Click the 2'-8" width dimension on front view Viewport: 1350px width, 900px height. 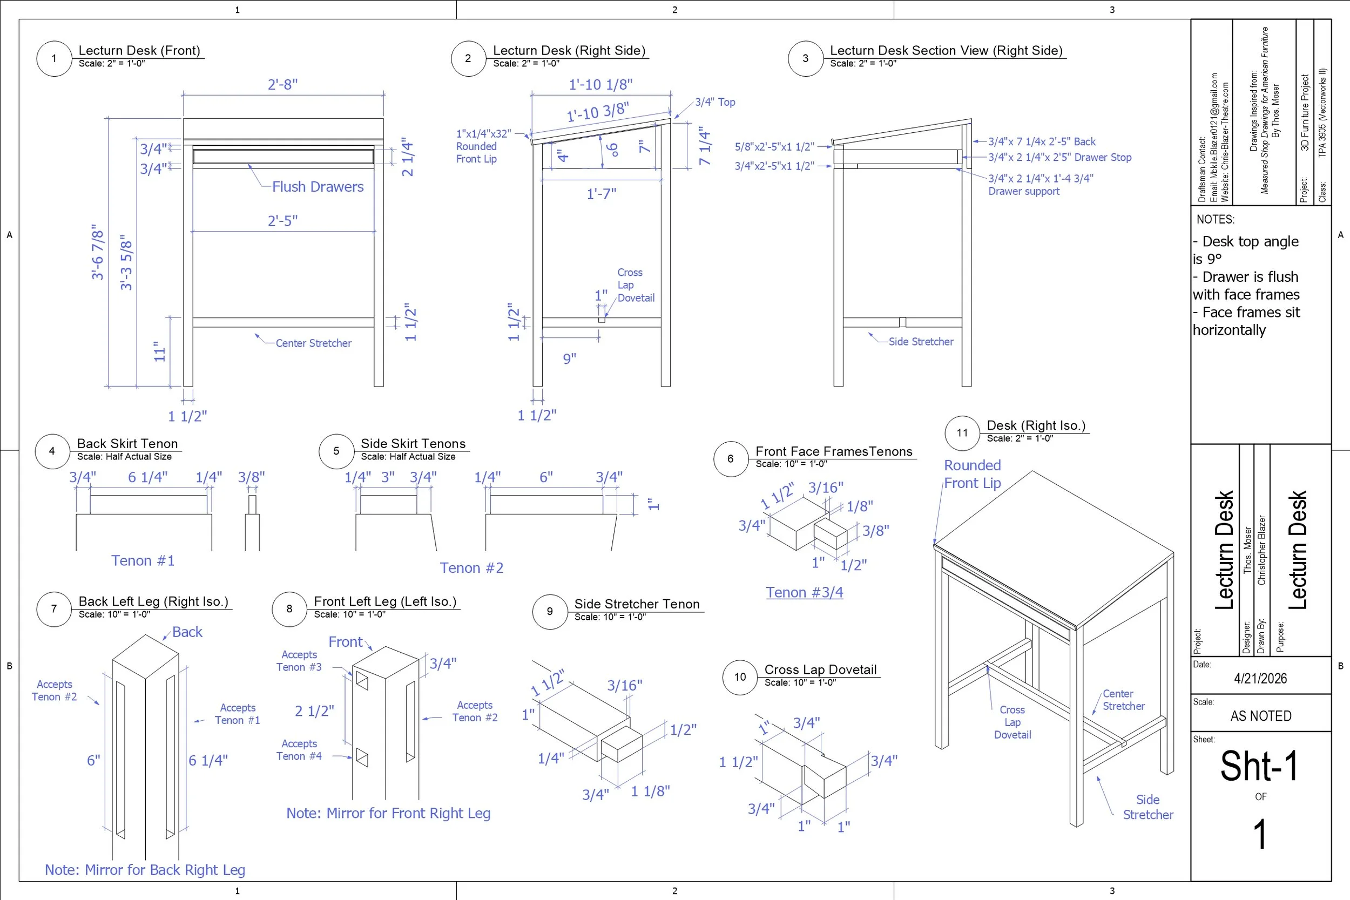(x=282, y=84)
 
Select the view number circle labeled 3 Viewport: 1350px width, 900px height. (x=805, y=58)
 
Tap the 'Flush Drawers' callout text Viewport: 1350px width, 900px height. (x=318, y=187)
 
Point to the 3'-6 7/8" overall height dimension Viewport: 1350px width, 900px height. (x=98, y=252)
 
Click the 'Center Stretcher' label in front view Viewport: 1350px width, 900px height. (x=313, y=343)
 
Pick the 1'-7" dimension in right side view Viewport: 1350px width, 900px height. (x=601, y=194)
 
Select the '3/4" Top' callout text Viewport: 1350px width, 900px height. (x=714, y=102)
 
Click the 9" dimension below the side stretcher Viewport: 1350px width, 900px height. (x=569, y=358)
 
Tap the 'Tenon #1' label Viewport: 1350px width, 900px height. (x=143, y=561)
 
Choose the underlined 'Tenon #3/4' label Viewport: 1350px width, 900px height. (x=804, y=592)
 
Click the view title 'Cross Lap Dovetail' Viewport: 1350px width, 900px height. (x=820, y=669)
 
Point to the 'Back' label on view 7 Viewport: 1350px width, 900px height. (x=187, y=632)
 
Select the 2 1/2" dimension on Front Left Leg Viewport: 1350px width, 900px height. (x=314, y=711)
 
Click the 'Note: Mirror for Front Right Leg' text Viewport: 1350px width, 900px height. (x=389, y=813)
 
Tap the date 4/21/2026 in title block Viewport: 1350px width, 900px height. (x=1260, y=679)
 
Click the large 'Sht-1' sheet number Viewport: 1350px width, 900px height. (x=1259, y=766)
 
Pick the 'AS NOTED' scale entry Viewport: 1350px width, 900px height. (x=1260, y=716)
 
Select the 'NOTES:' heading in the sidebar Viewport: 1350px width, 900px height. (x=1215, y=219)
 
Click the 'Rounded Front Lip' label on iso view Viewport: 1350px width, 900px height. (x=973, y=474)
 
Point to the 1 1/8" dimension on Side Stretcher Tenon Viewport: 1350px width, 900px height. (x=650, y=791)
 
